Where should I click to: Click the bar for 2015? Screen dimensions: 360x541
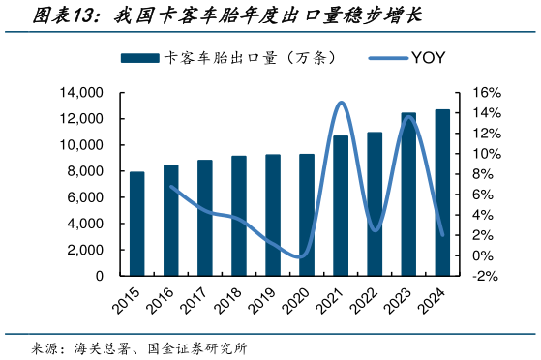click(137, 224)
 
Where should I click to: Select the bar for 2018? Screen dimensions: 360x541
click(239, 216)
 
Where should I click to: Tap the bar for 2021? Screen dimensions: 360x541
click(341, 205)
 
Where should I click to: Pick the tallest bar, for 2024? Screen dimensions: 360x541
click(442, 193)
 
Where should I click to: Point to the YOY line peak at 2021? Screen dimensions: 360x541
click(341, 103)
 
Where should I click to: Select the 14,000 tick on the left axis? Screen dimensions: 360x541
click(82, 93)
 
